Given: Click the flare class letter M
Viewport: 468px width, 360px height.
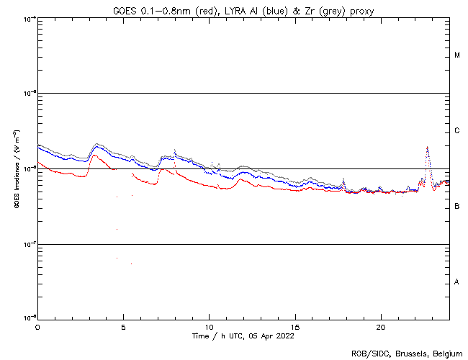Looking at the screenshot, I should pos(457,55).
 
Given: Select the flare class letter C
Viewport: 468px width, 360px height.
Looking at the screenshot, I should pos(457,131).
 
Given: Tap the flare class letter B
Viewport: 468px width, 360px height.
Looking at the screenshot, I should pos(457,207).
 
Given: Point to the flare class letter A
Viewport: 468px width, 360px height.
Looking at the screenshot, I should pos(457,282).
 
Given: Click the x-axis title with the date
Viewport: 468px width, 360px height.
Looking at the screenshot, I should pos(243,336).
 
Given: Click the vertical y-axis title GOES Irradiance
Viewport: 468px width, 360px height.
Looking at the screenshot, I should pos(16,169).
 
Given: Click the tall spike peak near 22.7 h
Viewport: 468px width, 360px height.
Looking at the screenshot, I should pos(428,147).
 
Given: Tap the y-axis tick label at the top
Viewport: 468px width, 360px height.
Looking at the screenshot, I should pos(29,18).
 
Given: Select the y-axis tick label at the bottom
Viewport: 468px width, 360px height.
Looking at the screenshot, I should pos(29,318).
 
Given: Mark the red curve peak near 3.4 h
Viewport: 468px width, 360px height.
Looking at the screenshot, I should pos(96,155).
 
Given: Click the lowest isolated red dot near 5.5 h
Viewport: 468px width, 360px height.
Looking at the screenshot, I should pos(131,264).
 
